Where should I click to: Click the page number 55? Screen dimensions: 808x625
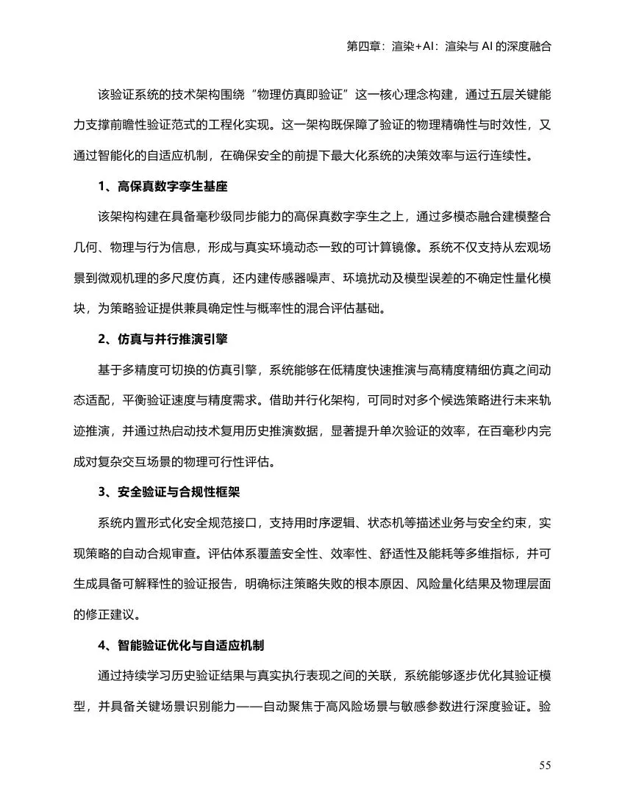click(545, 765)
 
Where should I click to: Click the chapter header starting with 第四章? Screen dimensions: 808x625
click(449, 46)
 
